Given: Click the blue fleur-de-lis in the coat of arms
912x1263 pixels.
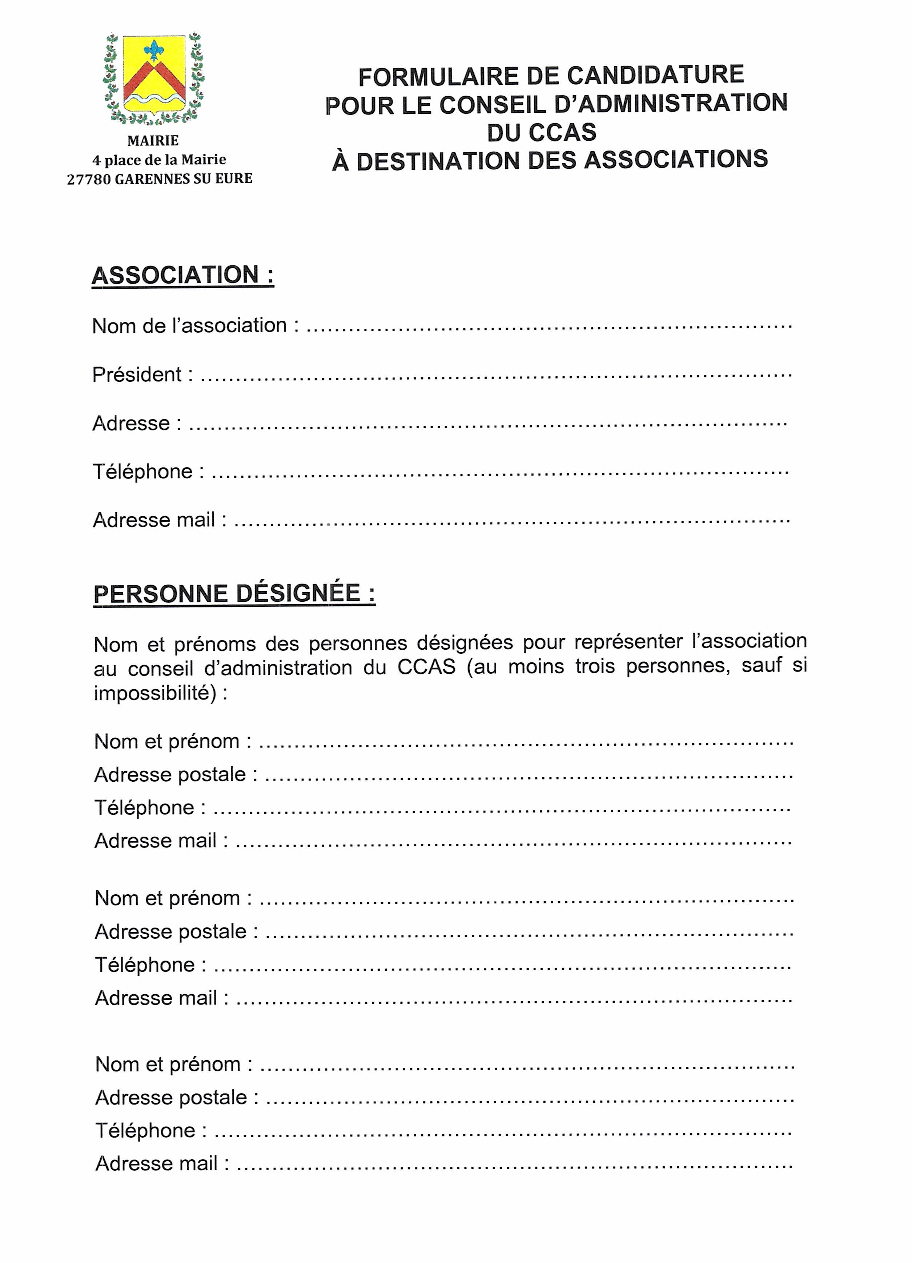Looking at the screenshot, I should (x=154, y=50).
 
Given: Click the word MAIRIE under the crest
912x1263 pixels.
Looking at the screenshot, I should (x=153, y=141).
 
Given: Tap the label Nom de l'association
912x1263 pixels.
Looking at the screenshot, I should (x=189, y=326).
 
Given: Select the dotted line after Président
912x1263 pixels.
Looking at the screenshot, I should (x=495, y=376).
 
